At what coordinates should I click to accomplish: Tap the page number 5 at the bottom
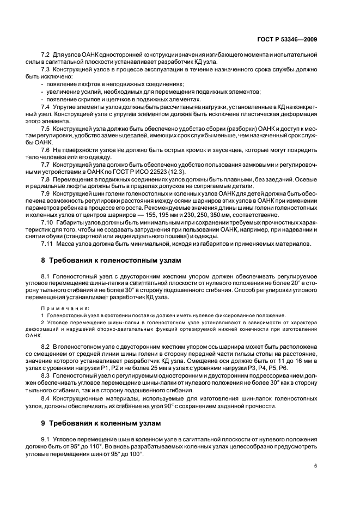click(316, 466)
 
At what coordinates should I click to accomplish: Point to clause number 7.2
click(46, 56)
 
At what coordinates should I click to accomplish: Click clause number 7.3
click(46, 70)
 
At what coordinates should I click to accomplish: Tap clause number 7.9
click(46, 193)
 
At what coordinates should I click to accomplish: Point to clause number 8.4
click(46, 398)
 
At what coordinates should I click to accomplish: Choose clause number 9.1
click(46, 439)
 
